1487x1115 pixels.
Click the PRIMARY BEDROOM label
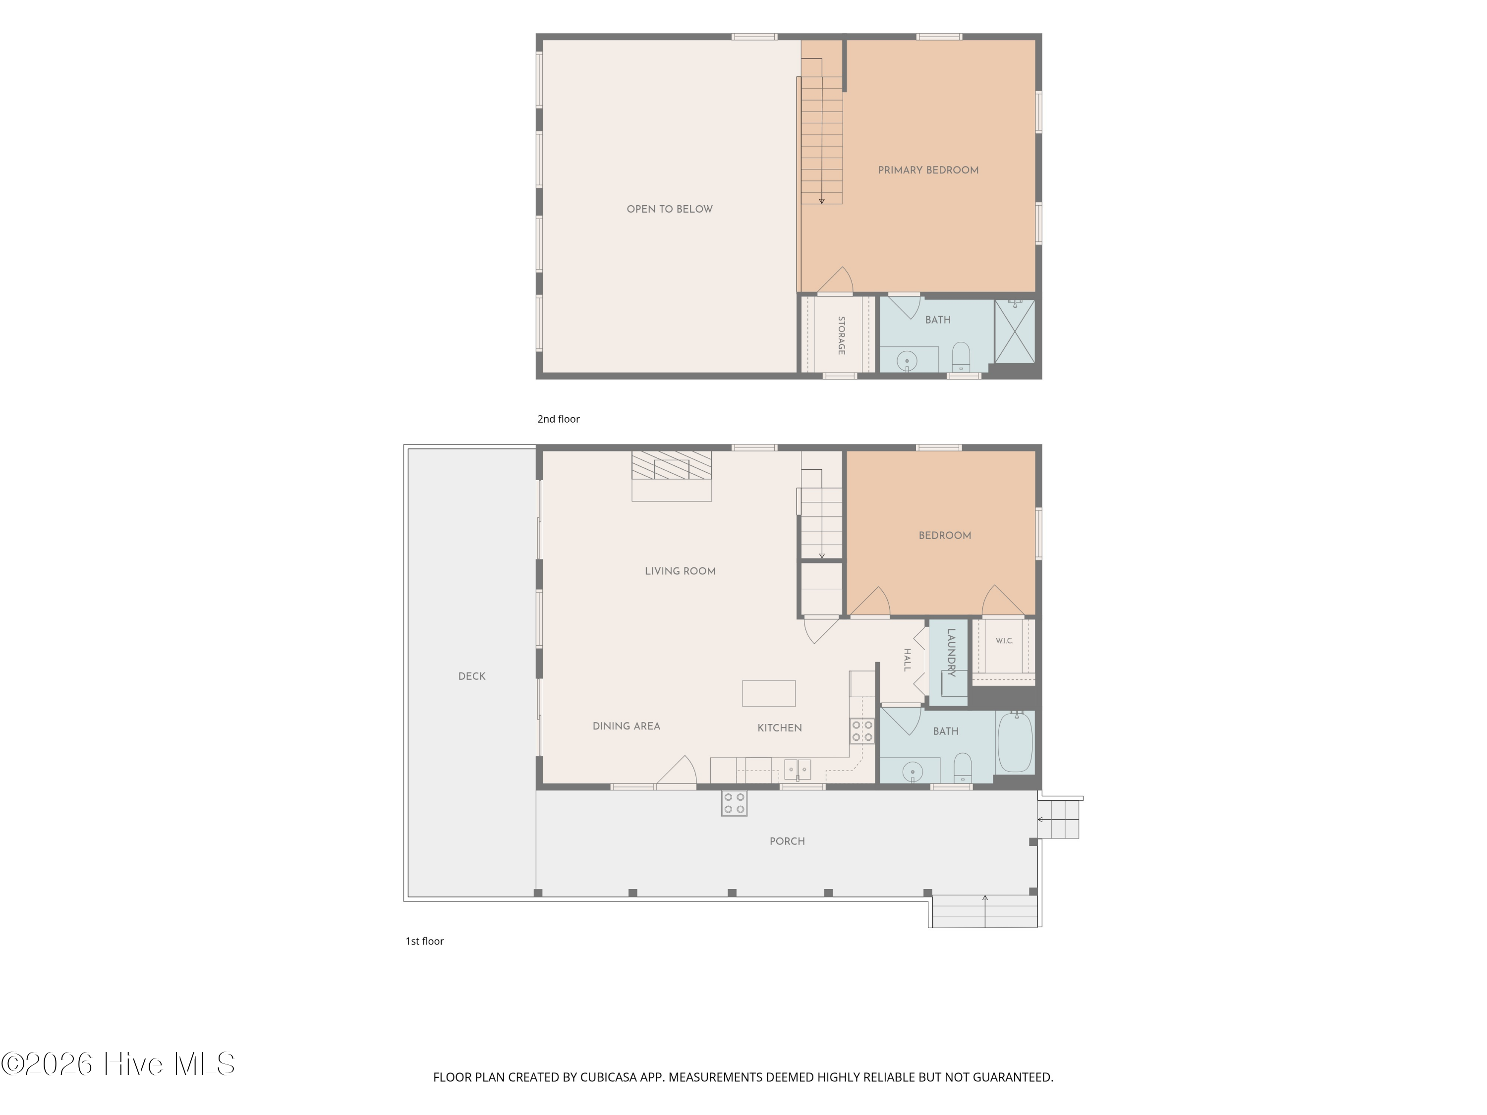click(928, 170)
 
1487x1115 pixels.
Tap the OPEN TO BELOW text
click(670, 209)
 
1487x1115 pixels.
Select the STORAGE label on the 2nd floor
click(841, 335)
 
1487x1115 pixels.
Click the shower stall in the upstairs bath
click(1015, 332)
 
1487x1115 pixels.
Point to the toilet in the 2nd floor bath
click(961, 356)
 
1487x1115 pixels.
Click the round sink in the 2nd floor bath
click(907, 361)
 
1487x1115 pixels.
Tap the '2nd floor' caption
click(558, 419)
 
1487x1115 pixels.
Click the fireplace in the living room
click(672, 476)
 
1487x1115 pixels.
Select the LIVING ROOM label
click(681, 571)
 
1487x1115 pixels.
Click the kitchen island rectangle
click(768, 693)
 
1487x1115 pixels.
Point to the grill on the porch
click(734, 803)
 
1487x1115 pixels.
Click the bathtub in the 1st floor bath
click(1015, 742)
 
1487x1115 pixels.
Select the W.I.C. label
click(1004, 640)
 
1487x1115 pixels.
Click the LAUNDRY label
click(951, 653)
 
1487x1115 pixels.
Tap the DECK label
click(472, 676)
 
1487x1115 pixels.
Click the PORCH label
click(787, 841)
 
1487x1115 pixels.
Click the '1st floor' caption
click(424, 941)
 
